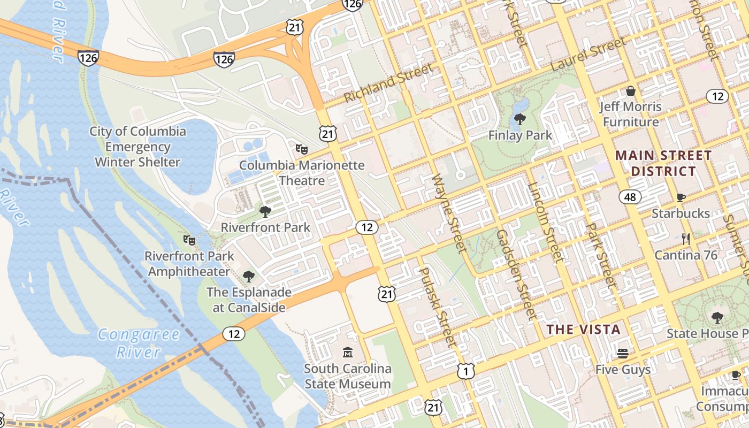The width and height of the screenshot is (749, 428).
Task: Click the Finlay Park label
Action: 520,135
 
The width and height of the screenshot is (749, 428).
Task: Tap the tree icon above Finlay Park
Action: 519,119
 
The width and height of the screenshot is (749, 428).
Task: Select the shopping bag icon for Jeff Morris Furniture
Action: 630,91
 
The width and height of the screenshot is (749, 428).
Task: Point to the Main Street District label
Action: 663,163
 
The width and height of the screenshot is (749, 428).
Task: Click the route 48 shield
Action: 630,197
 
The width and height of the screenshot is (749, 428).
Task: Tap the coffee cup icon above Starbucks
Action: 681,197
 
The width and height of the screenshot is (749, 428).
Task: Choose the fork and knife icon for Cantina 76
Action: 686,239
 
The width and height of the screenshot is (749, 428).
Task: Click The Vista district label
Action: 583,329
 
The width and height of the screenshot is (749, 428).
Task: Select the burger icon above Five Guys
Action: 622,353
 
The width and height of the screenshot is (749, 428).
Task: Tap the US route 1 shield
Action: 465,371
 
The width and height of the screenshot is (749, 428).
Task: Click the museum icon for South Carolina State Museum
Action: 348,352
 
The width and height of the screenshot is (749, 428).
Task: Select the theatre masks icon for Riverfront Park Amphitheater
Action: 188,240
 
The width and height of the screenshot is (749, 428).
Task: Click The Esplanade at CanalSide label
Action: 249,300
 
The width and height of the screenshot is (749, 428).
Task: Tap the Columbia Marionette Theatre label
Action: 302,172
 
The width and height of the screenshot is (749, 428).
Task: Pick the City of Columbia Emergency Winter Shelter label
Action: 137,147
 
